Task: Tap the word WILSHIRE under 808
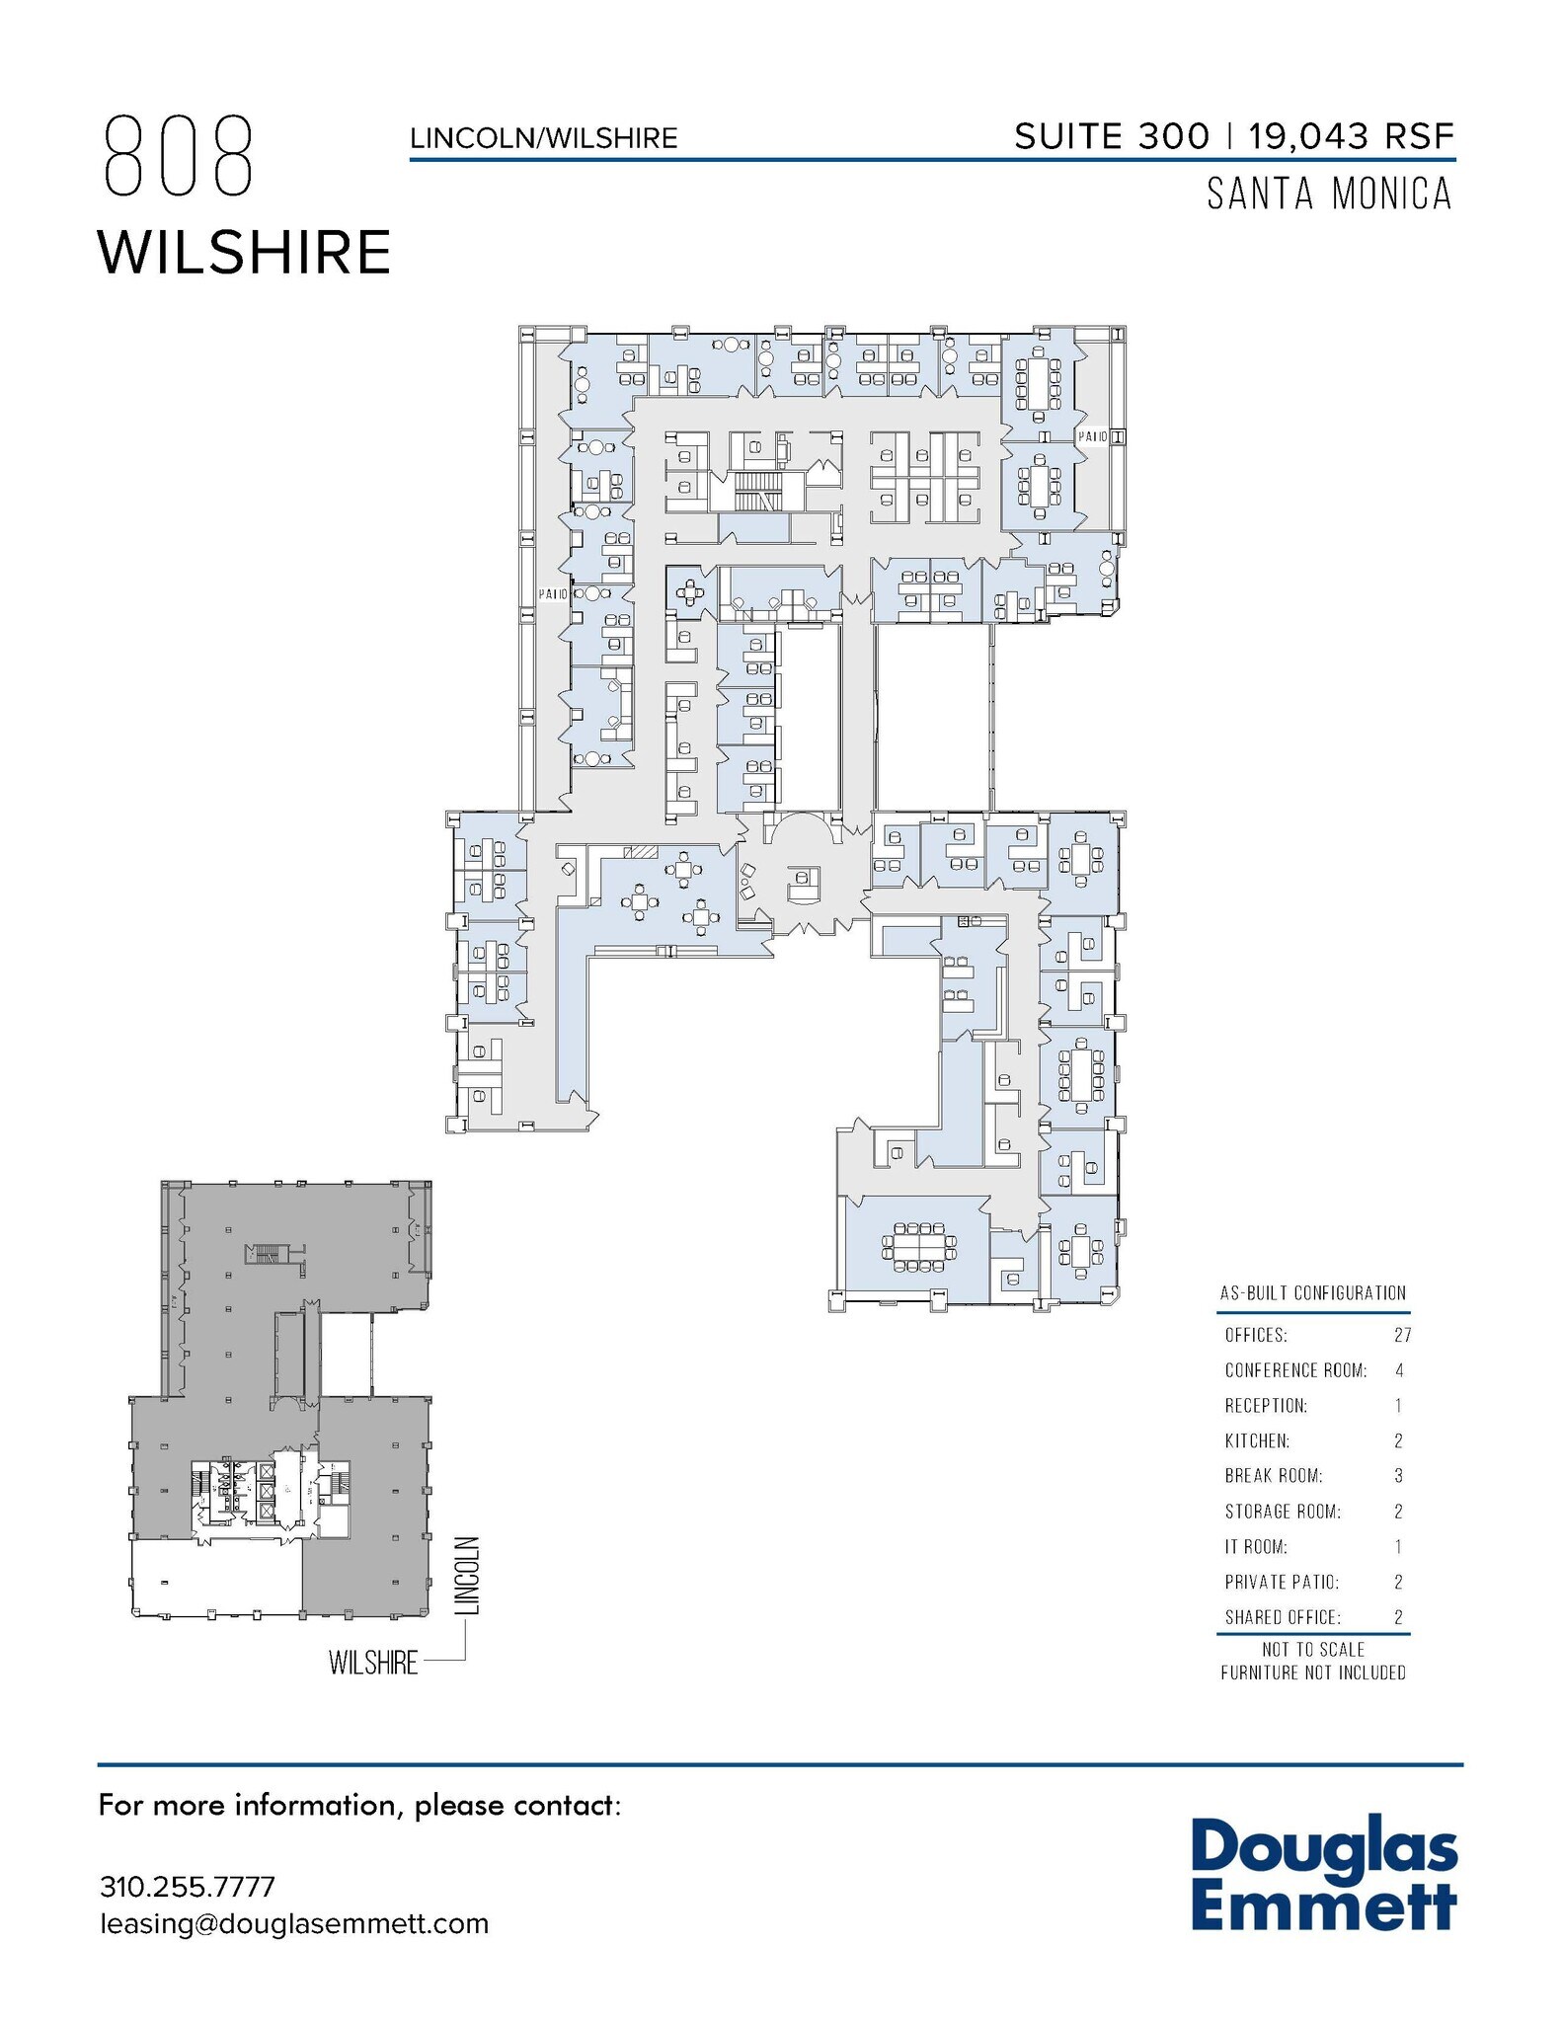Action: tap(244, 252)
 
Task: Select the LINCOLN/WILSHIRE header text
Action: tap(544, 138)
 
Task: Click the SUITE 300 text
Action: tap(1111, 136)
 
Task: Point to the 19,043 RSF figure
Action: tap(1352, 136)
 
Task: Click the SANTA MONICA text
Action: tap(1329, 194)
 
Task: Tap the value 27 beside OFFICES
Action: tap(1402, 1336)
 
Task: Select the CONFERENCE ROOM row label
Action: tap(1295, 1370)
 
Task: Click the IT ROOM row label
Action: tap(1256, 1547)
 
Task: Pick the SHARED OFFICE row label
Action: tap(1283, 1617)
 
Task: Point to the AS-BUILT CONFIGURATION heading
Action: tap(1312, 1293)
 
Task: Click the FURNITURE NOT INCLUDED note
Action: tap(1312, 1672)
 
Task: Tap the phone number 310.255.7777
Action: tap(188, 1887)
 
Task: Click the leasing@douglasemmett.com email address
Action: tap(294, 1924)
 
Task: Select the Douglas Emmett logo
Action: tap(1323, 1877)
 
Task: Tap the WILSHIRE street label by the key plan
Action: tap(373, 1663)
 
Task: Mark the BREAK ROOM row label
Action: tap(1274, 1476)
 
